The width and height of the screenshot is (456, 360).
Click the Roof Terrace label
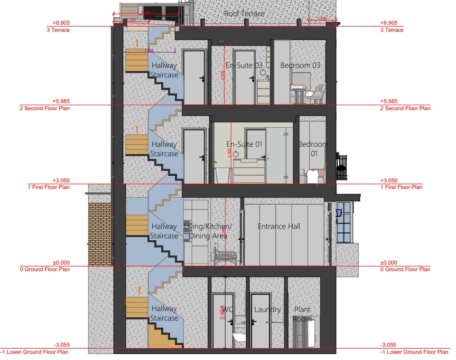tap(244, 13)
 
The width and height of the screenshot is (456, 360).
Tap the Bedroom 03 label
tap(300, 65)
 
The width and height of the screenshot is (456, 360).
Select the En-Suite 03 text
tap(244, 65)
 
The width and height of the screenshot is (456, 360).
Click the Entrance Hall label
tap(279, 227)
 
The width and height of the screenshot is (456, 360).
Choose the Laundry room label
tap(267, 310)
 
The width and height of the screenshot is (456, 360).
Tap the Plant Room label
tap(302, 314)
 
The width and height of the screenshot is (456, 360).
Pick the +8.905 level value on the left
tap(61, 23)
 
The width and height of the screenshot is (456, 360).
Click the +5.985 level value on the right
tap(389, 101)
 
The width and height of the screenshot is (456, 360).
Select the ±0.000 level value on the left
tap(61, 262)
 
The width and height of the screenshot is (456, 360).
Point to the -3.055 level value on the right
tap(389, 345)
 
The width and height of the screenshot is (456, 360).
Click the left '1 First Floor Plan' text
tap(49, 187)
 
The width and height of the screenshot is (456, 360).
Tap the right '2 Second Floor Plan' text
tap(405, 108)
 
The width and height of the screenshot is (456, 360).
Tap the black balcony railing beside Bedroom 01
tap(342, 166)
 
